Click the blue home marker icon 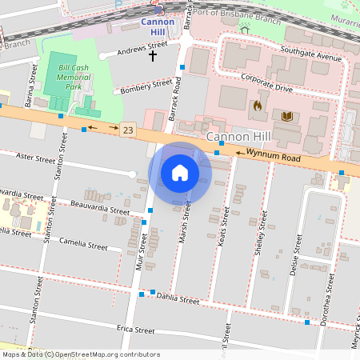coord(180,173)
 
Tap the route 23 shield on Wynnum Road coord(128,129)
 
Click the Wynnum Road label coord(274,156)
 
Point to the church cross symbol coord(153,56)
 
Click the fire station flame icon coord(257,105)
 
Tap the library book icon coord(287,117)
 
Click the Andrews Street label coord(142,49)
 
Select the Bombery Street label coord(146,86)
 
